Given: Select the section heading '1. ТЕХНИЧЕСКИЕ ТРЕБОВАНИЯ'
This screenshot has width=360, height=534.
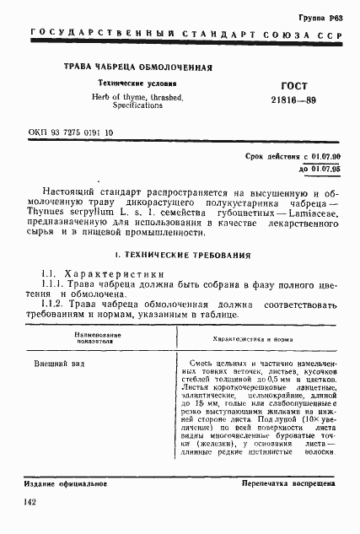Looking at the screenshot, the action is click(180, 254).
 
